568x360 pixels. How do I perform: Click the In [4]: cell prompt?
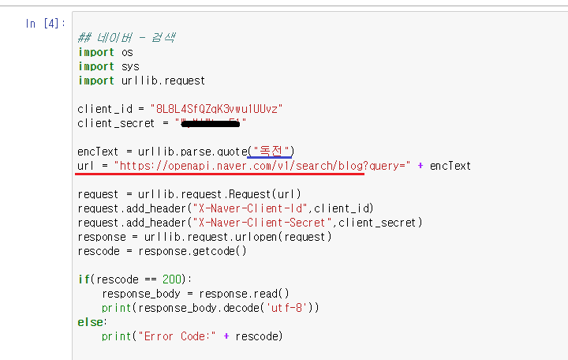coord(45,23)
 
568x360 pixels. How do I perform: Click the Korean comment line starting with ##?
coord(126,38)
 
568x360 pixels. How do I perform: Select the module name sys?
coord(130,66)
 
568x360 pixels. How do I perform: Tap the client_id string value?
coord(211,108)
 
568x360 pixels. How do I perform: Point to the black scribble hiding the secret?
coord(211,123)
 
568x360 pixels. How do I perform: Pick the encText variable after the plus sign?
coord(450,166)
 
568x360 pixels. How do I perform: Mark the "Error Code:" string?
coord(178,336)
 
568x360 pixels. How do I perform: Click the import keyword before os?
coord(96,52)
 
